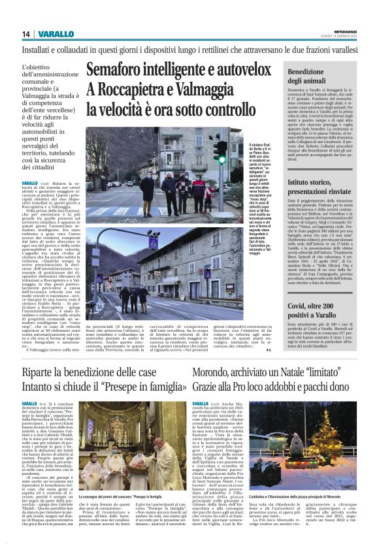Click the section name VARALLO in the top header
[51, 33]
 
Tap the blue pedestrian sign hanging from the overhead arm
[154, 243]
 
